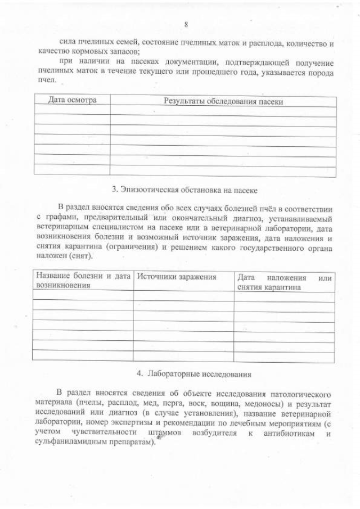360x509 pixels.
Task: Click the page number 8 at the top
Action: coord(185,24)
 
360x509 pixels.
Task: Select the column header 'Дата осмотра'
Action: coord(72,100)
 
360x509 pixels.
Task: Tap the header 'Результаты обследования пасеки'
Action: coord(223,101)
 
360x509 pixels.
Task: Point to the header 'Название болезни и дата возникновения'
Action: coord(83,281)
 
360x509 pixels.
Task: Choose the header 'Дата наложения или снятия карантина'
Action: coord(284,282)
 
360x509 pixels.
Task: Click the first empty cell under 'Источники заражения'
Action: coord(183,295)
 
